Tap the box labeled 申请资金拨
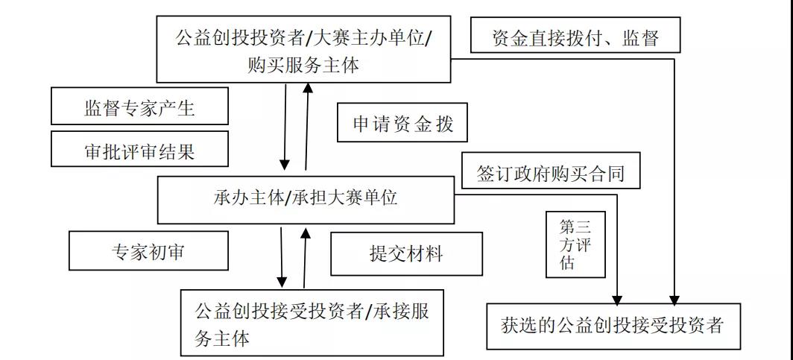point(402,123)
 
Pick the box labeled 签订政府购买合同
point(550,174)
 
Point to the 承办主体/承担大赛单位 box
point(306,199)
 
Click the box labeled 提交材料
point(406,253)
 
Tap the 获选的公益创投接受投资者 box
point(613,326)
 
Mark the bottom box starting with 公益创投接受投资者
point(312,321)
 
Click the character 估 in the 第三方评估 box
point(568,263)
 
